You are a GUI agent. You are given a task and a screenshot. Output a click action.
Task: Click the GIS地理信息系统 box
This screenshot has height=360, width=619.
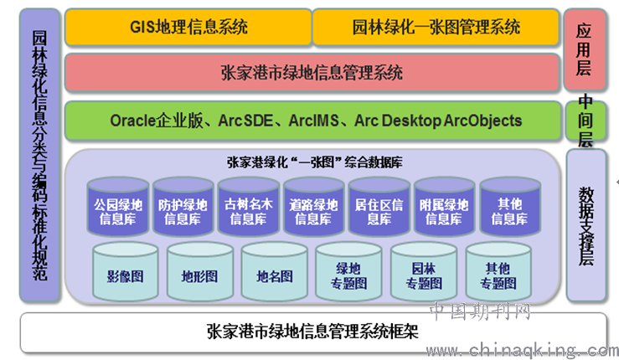click(x=188, y=27)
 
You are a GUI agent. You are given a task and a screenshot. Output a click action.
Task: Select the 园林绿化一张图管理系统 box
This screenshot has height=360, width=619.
click(x=436, y=27)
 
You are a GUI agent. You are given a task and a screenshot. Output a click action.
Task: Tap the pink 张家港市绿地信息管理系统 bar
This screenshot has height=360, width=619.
click(x=312, y=73)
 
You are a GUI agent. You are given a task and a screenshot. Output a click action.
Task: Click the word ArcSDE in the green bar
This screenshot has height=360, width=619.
click(x=245, y=121)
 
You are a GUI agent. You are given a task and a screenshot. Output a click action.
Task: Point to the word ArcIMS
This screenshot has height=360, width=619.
click(x=314, y=121)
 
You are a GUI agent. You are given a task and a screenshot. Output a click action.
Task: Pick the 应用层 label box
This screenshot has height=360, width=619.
click(x=585, y=49)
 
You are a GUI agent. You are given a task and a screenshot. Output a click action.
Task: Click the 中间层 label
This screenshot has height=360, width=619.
click(x=585, y=121)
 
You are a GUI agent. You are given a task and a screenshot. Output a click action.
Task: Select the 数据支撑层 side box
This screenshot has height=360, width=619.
click(x=586, y=225)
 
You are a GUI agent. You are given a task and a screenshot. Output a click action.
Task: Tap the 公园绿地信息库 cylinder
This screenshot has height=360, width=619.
click(x=118, y=207)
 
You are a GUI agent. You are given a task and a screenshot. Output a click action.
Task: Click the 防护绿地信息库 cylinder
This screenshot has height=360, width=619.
click(x=183, y=207)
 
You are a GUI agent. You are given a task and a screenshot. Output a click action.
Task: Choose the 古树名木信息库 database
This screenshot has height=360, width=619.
click(x=248, y=207)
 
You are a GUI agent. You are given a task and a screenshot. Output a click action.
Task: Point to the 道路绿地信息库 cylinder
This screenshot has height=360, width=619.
click(x=313, y=207)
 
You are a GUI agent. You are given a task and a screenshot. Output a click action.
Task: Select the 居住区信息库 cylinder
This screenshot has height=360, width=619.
click(x=379, y=207)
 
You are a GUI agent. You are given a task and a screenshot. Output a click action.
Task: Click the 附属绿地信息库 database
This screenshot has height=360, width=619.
click(x=444, y=207)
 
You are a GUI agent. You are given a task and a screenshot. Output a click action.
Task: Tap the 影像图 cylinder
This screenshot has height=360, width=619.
click(x=125, y=271)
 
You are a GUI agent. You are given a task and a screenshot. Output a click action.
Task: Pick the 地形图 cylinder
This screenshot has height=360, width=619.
click(x=199, y=271)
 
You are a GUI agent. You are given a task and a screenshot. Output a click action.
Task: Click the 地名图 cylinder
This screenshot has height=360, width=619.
click(x=275, y=271)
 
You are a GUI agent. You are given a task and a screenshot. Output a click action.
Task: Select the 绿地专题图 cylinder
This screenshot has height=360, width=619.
click(x=348, y=271)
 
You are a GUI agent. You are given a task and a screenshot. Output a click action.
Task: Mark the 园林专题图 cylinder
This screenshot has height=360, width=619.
click(x=424, y=271)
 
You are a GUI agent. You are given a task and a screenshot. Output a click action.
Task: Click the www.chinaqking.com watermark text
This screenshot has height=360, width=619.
click(x=522, y=351)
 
